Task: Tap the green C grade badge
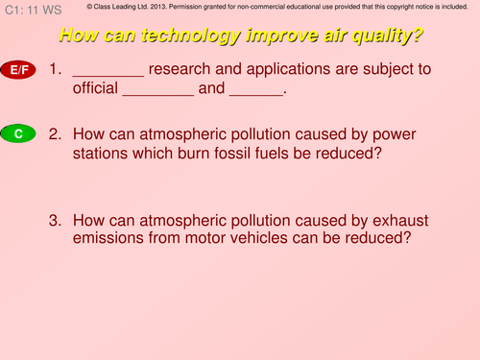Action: tap(18, 134)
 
